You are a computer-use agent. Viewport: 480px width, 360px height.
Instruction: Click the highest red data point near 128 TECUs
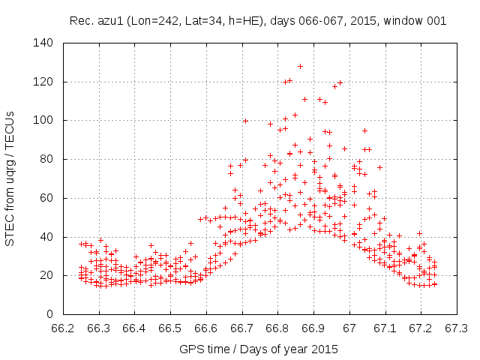pos(300,66)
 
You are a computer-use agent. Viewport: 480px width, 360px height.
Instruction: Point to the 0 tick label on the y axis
pos(49,314)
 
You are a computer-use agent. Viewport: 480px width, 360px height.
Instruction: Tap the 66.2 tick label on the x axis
pos(63,328)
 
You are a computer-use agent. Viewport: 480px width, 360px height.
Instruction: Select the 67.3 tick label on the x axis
pos(457,328)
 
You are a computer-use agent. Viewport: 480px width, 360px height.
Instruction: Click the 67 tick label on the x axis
pos(349,328)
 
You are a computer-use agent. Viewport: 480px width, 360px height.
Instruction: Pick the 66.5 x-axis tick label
pos(170,328)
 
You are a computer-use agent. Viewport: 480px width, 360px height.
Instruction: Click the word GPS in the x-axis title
pos(190,349)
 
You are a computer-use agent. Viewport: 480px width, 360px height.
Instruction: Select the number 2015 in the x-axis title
pos(325,349)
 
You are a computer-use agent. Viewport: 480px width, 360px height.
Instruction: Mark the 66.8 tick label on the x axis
pos(277,328)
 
